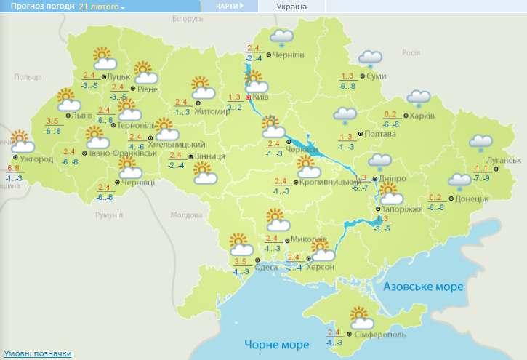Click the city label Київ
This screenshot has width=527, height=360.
coord(261,97)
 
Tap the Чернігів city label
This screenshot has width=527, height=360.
coord(289,55)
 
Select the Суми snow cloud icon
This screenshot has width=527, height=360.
coord(371,58)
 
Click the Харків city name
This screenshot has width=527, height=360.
coord(422,116)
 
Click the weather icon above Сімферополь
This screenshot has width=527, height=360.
coord(361,318)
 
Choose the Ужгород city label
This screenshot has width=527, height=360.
coord(36,159)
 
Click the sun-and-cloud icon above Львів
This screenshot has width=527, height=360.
coord(67,98)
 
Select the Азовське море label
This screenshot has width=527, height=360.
coord(423,287)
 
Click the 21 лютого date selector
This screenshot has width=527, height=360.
coord(101,7)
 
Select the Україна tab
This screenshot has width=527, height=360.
coord(292,7)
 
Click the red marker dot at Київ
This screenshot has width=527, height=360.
coord(249,97)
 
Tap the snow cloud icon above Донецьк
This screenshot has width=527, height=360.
coord(459,180)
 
